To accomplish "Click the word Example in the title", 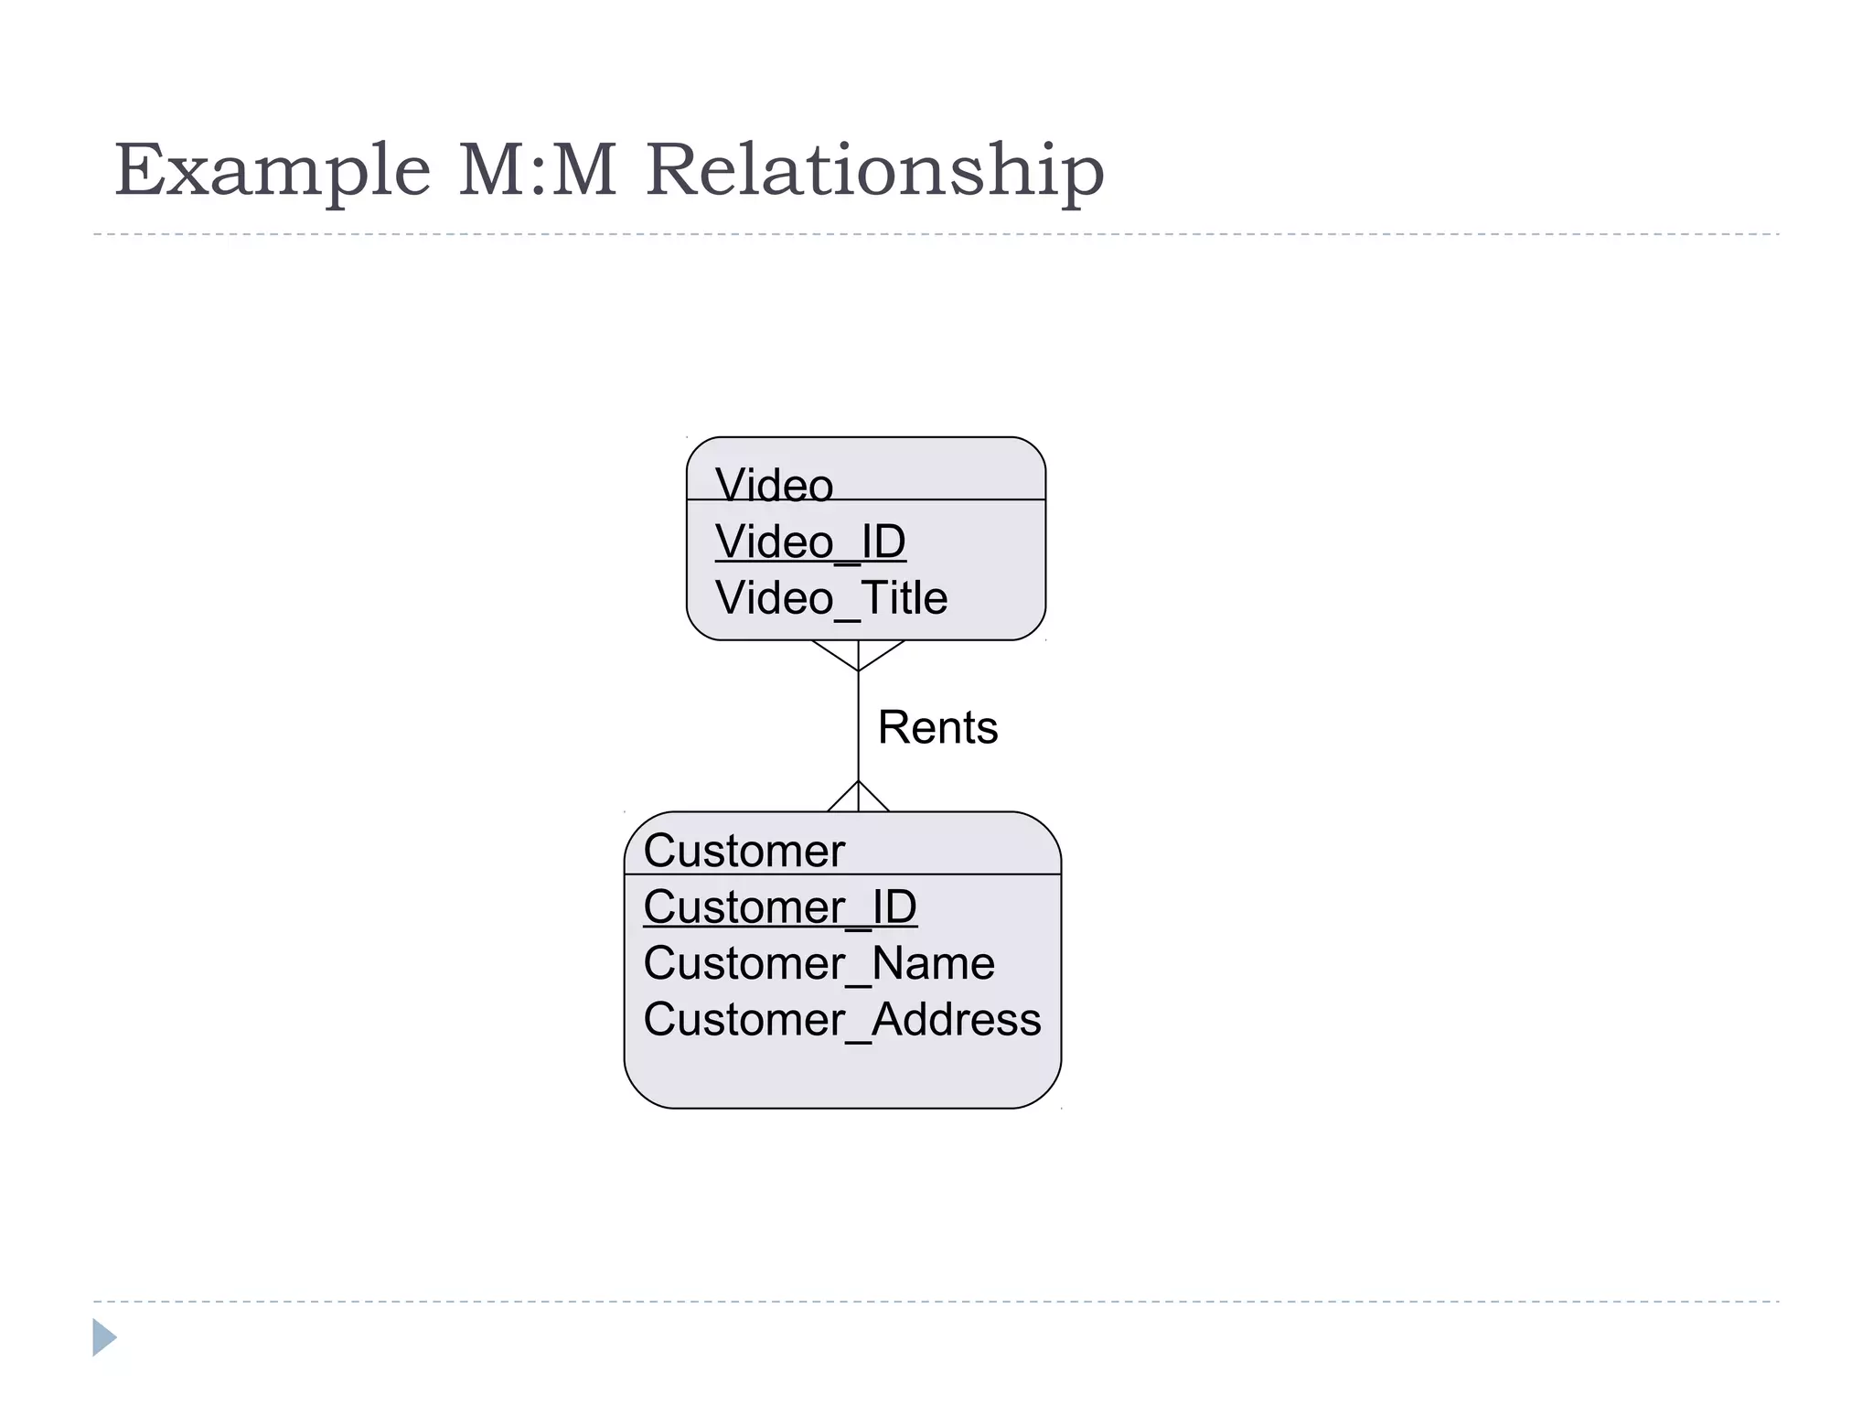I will click(272, 171).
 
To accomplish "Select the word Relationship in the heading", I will click(874, 171).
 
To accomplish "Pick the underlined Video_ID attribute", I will click(810, 542).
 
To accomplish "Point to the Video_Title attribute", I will click(830, 598).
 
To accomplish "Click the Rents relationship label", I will click(937, 728).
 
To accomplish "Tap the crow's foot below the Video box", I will click(858, 655).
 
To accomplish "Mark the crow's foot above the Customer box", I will click(858, 797).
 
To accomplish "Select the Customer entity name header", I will click(744, 851).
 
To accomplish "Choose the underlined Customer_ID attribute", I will click(779, 907).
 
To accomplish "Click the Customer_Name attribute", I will click(819, 963).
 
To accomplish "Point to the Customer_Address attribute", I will click(841, 1020).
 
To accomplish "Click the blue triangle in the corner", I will click(103, 1337).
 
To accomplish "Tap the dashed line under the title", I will click(936, 235).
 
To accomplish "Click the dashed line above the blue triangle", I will click(936, 1302).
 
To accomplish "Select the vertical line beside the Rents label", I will click(858, 727).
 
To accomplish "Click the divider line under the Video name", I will click(951, 499).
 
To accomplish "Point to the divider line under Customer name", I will click(969, 874).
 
